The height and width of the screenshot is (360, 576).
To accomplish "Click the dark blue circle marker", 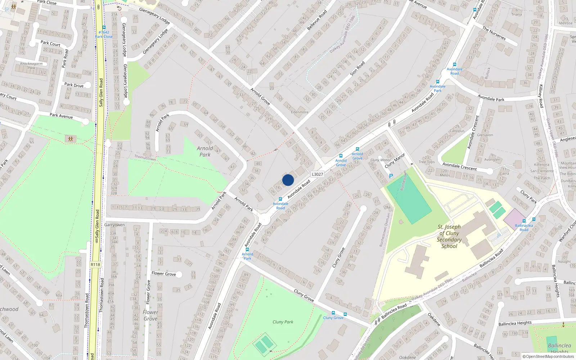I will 288,180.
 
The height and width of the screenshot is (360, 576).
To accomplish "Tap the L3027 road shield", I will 317,174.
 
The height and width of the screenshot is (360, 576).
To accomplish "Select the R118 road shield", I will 95,265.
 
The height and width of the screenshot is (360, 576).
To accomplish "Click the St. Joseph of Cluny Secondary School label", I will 449,237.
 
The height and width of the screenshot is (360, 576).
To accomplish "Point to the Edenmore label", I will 300,112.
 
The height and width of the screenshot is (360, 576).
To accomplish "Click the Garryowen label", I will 114,225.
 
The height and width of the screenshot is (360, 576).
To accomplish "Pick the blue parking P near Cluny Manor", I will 391,176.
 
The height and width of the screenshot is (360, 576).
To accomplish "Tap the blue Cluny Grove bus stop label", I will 333,318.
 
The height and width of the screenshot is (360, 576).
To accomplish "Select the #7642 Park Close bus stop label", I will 104,34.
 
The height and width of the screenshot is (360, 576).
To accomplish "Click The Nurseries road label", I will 494,33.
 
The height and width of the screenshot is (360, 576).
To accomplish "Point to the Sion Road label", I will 357,68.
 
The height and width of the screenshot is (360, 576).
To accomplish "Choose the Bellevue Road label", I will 317,20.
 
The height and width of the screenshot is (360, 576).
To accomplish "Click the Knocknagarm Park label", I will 31,66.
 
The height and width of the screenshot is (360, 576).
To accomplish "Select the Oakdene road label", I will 434,319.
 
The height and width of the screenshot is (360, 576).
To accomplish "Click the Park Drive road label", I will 74,85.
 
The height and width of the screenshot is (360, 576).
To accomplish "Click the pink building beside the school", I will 514,217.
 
